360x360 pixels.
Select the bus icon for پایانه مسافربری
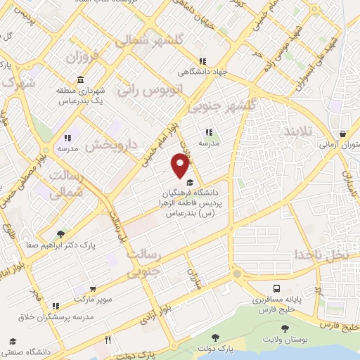point(277,288)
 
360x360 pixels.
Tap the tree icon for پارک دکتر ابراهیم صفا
point(62,234)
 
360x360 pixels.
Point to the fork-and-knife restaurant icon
point(108,340)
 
